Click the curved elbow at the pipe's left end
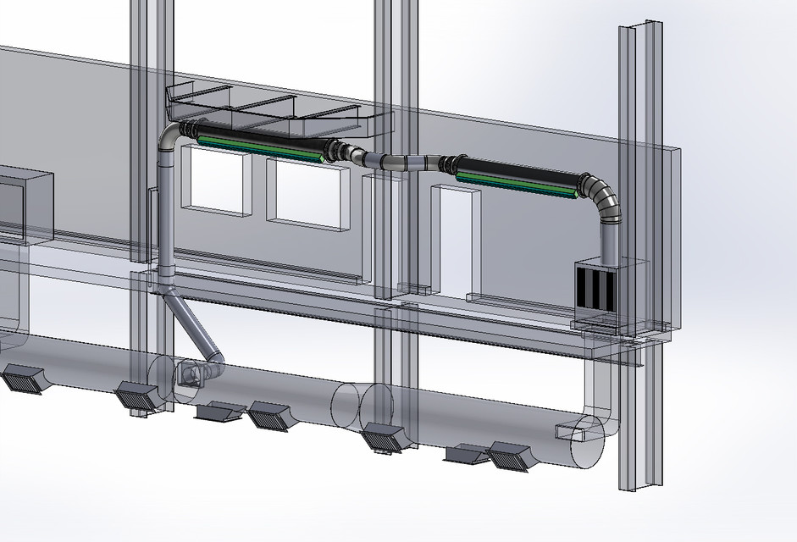169,140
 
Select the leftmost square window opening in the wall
216,177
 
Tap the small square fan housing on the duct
188,374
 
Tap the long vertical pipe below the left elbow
165,220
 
